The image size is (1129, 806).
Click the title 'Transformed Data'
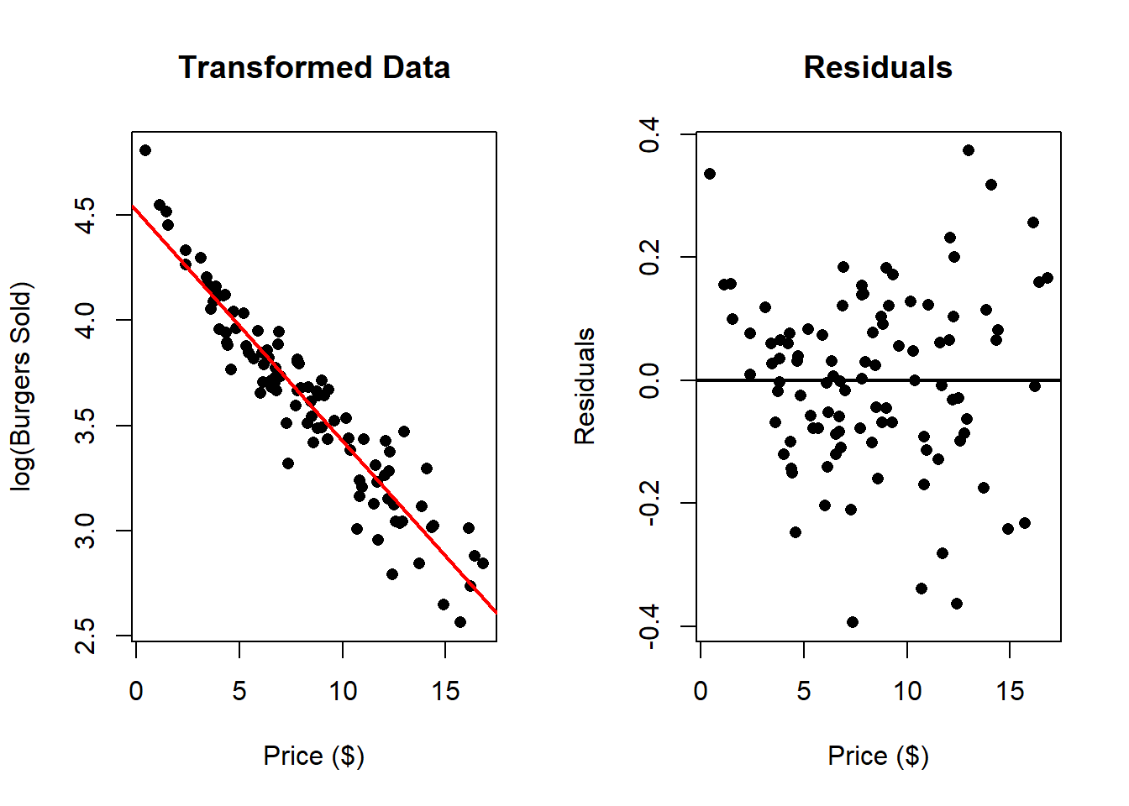tap(314, 67)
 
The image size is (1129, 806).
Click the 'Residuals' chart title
tap(878, 67)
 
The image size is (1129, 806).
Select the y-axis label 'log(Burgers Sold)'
tap(21, 386)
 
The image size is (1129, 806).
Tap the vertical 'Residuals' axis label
tap(585, 386)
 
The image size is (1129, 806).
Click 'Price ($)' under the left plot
tap(314, 756)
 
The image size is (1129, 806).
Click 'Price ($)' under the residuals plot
tap(878, 756)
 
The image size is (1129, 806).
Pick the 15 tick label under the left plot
tap(445, 691)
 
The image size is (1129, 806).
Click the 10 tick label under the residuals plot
tap(907, 691)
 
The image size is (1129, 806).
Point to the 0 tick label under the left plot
tap(136, 691)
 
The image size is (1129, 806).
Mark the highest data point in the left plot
tap(145, 150)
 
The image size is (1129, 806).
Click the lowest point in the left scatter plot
tap(460, 622)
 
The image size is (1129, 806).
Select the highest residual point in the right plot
tap(969, 150)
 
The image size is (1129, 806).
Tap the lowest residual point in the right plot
tap(853, 622)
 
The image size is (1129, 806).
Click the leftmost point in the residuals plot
tap(710, 174)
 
